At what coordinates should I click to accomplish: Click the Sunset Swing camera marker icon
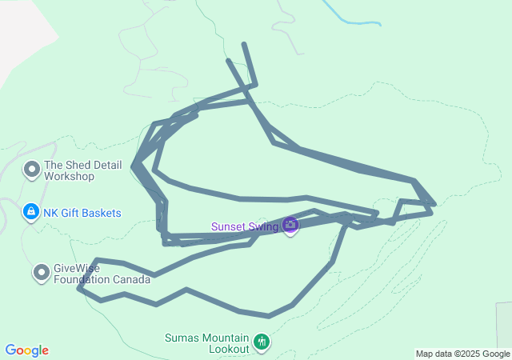pyautogui.click(x=290, y=226)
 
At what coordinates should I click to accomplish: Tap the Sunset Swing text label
pyautogui.click(x=245, y=226)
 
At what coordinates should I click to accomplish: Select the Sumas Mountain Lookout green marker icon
pyautogui.click(x=262, y=343)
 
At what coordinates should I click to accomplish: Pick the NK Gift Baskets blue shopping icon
pyautogui.click(x=30, y=213)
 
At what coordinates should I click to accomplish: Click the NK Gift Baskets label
pyautogui.click(x=82, y=213)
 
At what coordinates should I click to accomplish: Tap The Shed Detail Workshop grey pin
pyautogui.click(x=32, y=170)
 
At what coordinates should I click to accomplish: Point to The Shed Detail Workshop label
pyautogui.click(x=82, y=170)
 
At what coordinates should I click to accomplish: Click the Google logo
pyautogui.click(x=27, y=350)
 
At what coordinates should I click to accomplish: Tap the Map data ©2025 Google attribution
pyautogui.click(x=462, y=354)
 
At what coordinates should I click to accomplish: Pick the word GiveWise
pyautogui.click(x=76, y=269)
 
